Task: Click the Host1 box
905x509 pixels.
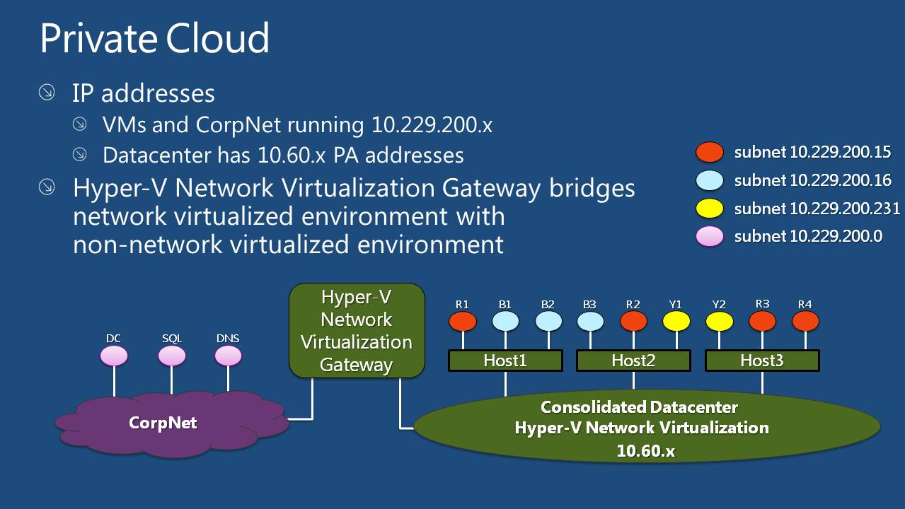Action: (x=505, y=361)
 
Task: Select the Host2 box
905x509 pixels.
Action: (x=633, y=361)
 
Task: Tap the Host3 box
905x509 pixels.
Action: (x=762, y=361)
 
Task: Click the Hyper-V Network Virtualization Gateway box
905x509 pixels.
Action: (x=357, y=330)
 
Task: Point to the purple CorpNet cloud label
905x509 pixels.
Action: (x=163, y=423)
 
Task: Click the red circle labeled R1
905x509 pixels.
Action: (x=463, y=322)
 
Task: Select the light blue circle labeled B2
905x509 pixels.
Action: (x=548, y=322)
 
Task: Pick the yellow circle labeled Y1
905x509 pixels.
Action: (x=676, y=322)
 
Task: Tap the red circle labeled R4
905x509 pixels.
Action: (x=805, y=322)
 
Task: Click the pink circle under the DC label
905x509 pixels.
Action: (x=114, y=356)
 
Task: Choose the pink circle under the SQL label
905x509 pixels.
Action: (x=172, y=356)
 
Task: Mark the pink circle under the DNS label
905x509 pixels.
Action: (x=228, y=356)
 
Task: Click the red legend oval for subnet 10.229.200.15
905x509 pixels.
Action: (x=710, y=152)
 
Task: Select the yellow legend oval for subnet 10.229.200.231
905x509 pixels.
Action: (x=710, y=209)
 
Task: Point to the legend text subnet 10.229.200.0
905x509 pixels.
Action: (x=808, y=236)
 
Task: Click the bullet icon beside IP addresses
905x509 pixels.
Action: (x=47, y=93)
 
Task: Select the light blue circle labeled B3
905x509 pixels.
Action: (x=590, y=322)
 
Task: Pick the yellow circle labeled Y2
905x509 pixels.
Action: (x=720, y=322)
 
